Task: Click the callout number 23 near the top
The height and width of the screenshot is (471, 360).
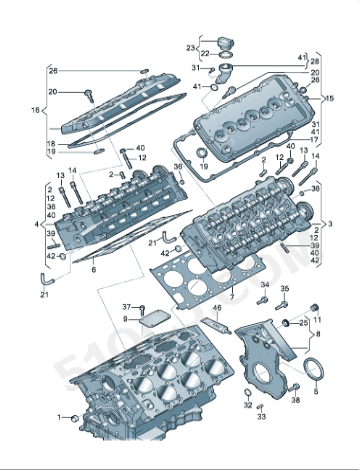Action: (189, 47)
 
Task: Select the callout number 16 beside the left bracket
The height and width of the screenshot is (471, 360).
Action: (36, 112)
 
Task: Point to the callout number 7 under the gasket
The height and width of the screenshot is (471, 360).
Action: (230, 297)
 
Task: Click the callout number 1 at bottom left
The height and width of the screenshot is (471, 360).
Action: (59, 417)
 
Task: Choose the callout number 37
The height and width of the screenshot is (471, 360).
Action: (127, 306)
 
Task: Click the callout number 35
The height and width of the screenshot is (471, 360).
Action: (284, 290)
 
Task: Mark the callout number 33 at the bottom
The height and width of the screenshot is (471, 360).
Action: (261, 417)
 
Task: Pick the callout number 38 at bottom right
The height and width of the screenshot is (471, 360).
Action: (295, 399)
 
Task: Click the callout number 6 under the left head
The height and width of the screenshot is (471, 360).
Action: (93, 270)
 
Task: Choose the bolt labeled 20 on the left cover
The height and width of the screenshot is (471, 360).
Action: (88, 95)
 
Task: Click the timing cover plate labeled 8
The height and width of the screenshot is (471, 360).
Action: (262, 355)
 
